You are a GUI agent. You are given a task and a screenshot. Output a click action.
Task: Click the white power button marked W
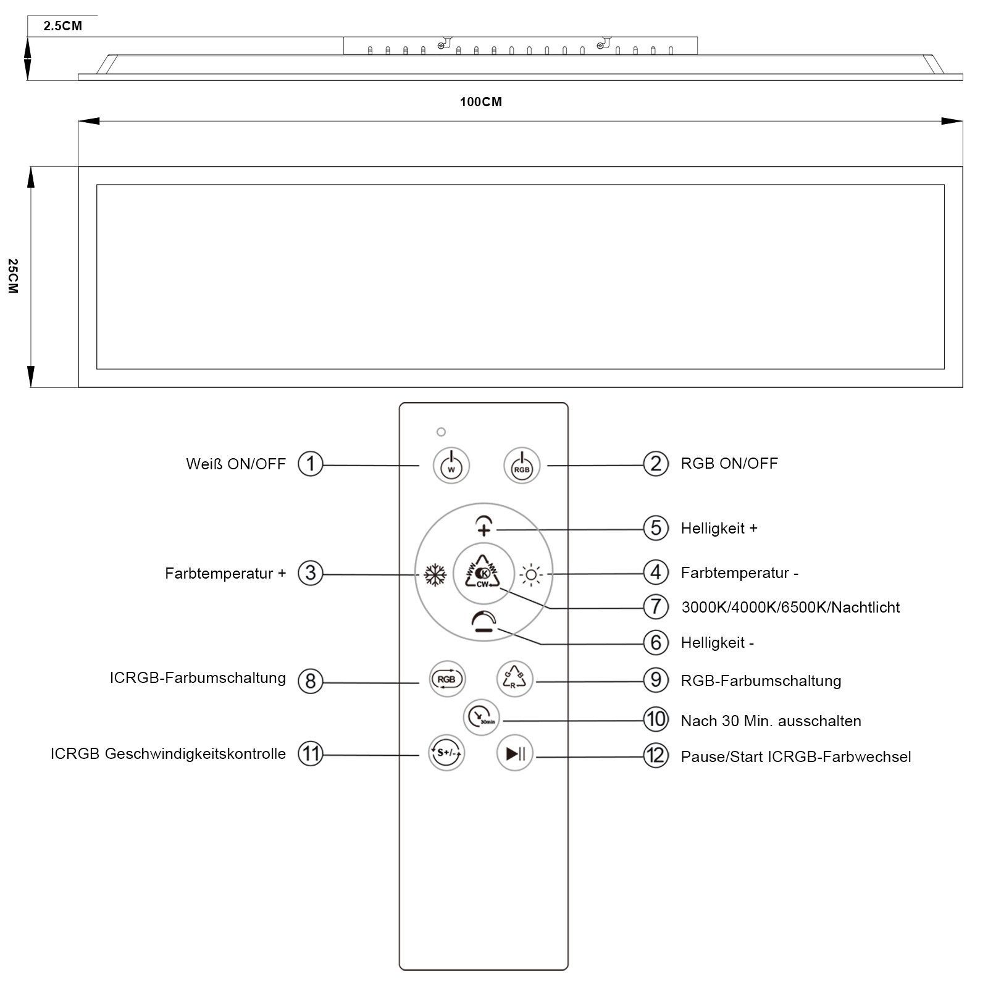pos(451,465)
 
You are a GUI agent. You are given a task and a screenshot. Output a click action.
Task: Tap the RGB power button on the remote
pos(522,465)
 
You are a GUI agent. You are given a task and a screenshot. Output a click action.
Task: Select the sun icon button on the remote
pos(531,575)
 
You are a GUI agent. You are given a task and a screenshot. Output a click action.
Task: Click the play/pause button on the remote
pos(515,753)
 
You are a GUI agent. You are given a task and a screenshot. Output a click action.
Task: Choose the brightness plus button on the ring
pos(484,526)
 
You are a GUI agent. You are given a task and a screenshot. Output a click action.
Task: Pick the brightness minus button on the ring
pos(484,622)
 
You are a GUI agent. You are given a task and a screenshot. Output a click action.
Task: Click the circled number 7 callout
pos(656,606)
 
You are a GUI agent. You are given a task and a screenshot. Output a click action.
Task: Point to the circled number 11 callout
pos(311,753)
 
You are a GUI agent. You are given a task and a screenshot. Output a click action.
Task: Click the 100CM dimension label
pos(480,102)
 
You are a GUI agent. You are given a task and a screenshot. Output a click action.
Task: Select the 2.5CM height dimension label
pos(62,26)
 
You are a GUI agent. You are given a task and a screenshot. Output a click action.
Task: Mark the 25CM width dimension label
pos(14,276)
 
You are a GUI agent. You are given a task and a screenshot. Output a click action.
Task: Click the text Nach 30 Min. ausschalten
pos(771,721)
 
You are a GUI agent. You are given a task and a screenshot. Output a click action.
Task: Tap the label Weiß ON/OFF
pos(236,464)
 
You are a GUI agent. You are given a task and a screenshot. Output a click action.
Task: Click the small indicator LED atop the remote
pos(441,432)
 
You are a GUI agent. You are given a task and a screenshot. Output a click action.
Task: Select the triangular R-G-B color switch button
pos(514,679)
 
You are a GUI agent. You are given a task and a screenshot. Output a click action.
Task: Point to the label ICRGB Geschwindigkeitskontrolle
pos(168,753)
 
